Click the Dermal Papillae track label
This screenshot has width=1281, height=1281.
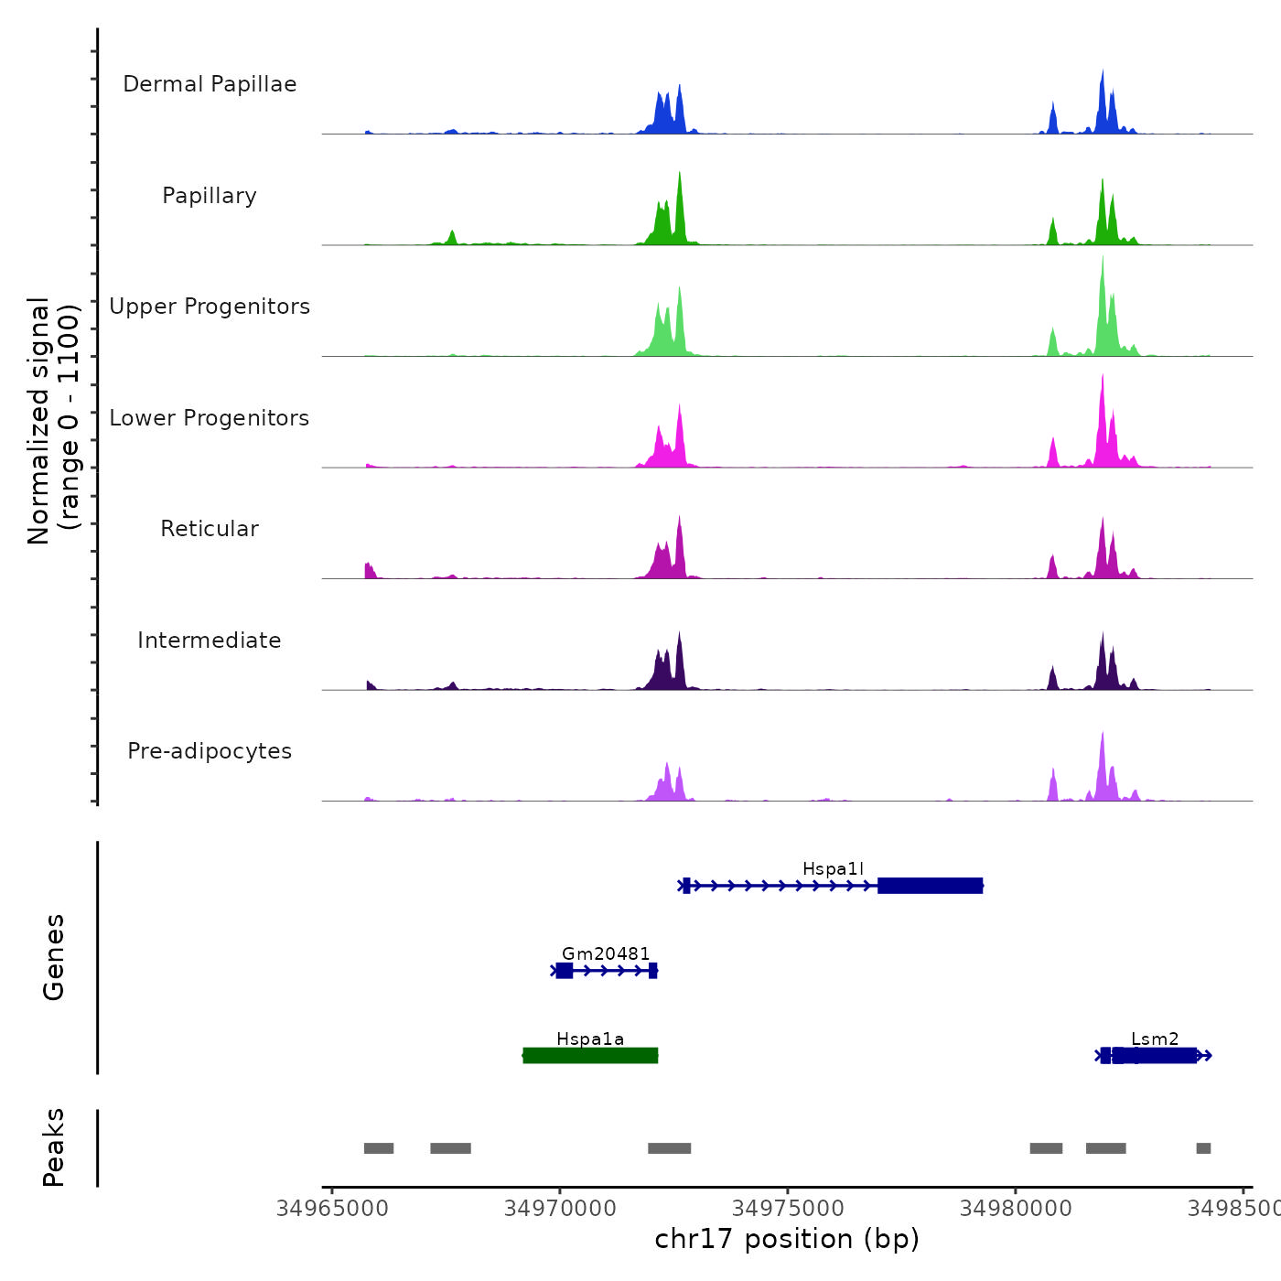tap(210, 84)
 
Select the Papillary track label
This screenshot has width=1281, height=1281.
tap(210, 196)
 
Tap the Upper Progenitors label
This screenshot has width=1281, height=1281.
tap(210, 307)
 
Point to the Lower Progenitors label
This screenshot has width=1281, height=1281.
tap(210, 418)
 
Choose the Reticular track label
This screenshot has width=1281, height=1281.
tap(210, 529)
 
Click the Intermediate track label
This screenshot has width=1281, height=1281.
tap(210, 640)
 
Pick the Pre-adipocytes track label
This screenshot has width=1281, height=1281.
tap(210, 751)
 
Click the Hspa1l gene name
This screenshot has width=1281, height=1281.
tap(833, 868)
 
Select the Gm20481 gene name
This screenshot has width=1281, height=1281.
tap(606, 953)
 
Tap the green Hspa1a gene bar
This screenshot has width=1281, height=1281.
tap(590, 1056)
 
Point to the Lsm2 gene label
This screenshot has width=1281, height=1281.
tap(1155, 1039)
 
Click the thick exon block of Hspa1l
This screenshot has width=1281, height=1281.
tap(930, 886)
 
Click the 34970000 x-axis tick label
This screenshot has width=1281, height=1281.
tap(560, 1209)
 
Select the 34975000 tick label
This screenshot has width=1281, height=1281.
tap(788, 1209)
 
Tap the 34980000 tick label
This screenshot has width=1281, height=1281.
tap(1016, 1209)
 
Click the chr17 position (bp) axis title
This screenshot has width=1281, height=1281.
tap(787, 1239)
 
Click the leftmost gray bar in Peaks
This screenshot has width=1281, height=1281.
tap(379, 1148)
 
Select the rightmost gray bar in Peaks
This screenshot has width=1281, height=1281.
tap(1203, 1148)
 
